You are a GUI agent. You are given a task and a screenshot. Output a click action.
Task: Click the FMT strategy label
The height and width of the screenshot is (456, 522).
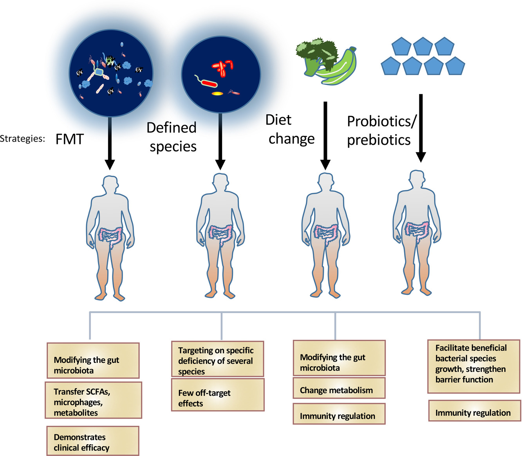(x=70, y=139)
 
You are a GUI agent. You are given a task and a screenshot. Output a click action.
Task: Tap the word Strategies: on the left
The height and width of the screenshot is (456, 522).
(x=22, y=139)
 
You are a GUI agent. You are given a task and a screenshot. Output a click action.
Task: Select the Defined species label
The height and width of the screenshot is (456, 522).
(x=172, y=137)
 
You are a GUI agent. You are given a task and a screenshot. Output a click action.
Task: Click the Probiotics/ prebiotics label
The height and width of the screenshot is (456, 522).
(x=381, y=130)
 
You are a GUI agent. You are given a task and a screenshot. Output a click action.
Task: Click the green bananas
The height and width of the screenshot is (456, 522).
(x=337, y=67)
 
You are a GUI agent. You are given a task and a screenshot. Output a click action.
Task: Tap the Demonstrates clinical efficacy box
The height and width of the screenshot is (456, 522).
(x=93, y=442)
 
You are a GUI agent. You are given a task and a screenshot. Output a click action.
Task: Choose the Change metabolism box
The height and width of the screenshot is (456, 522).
(x=339, y=390)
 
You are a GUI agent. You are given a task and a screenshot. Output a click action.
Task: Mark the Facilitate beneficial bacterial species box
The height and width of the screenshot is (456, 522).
(x=474, y=366)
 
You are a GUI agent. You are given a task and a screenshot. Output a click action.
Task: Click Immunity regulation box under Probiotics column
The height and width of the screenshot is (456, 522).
(x=475, y=413)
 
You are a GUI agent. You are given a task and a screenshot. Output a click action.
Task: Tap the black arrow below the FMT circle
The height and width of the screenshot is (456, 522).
(x=110, y=143)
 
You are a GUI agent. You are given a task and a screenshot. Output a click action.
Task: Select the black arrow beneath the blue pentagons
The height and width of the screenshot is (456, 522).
(x=421, y=128)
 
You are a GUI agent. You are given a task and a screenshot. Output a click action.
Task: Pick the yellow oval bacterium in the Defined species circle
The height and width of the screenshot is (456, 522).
(x=217, y=94)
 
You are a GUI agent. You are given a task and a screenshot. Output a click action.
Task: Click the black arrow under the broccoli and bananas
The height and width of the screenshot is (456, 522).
(x=325, y=136)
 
